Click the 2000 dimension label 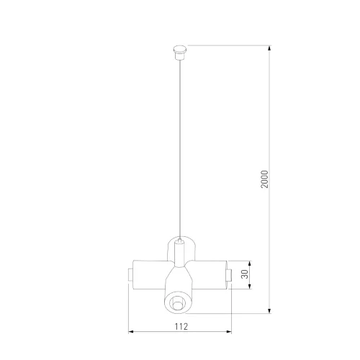264,179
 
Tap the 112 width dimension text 181,326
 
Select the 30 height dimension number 244,274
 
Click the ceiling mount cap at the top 180,53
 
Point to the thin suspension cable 180,149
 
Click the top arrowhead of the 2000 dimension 269,48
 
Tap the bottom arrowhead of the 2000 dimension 269,311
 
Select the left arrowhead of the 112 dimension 131,332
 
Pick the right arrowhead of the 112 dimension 229,332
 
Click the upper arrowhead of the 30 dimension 250,264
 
